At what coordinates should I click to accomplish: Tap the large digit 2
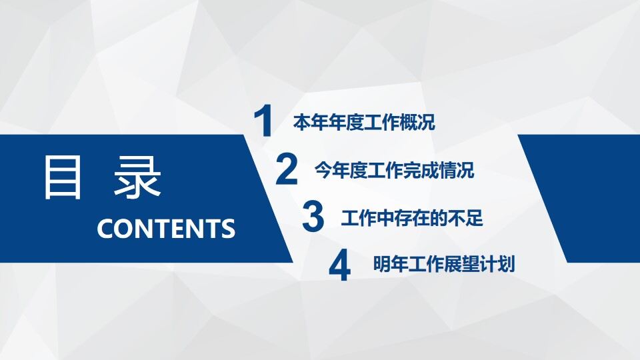[x=287, y=170]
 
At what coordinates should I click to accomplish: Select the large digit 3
[x=313, y=217]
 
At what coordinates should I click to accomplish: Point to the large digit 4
[x=339, y=265]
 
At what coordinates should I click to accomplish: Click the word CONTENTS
[x=166, y=229]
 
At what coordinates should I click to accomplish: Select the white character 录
[x=137, y=178]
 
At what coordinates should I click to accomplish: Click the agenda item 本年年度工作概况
[x=364, y=123]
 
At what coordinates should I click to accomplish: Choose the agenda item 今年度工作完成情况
[x=395, y=171]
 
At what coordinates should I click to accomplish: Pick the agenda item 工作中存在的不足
[x=412, y=218]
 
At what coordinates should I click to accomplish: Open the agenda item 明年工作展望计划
[x=444, y=265]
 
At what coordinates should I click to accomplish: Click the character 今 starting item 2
[x=323, y=171]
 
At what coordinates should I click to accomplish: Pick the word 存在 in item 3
[x=412, y=218]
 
